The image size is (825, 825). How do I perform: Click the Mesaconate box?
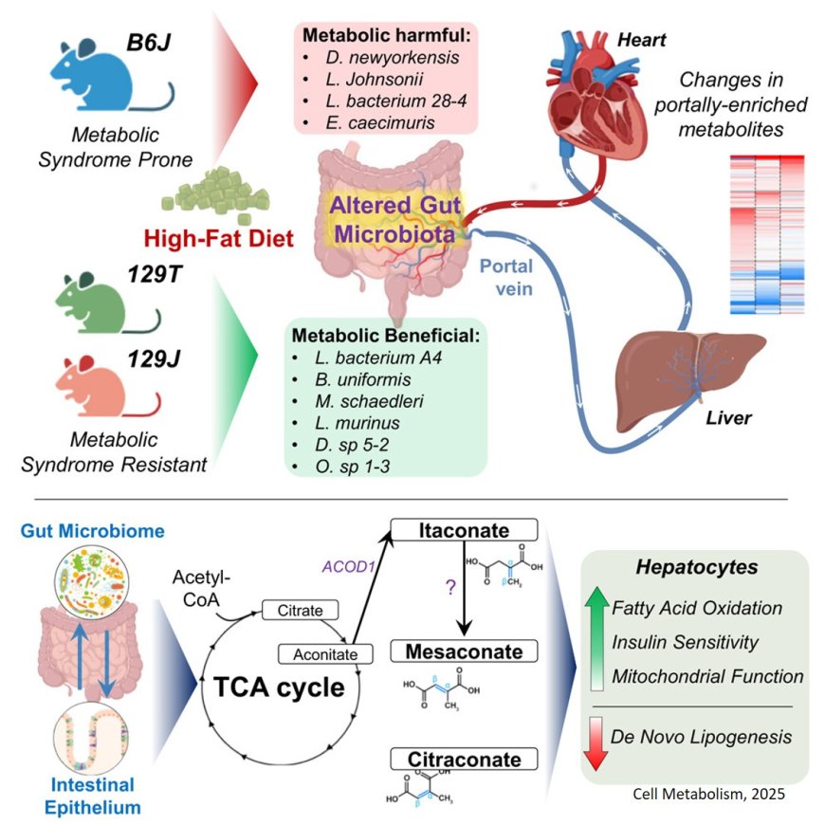pyautogui.click(x=465, y=651)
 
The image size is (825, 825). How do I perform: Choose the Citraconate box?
pyautogui.click(x=465, y=759)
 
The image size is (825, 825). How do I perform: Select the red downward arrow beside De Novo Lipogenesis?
pyautogui.click(x=596, y=742)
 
